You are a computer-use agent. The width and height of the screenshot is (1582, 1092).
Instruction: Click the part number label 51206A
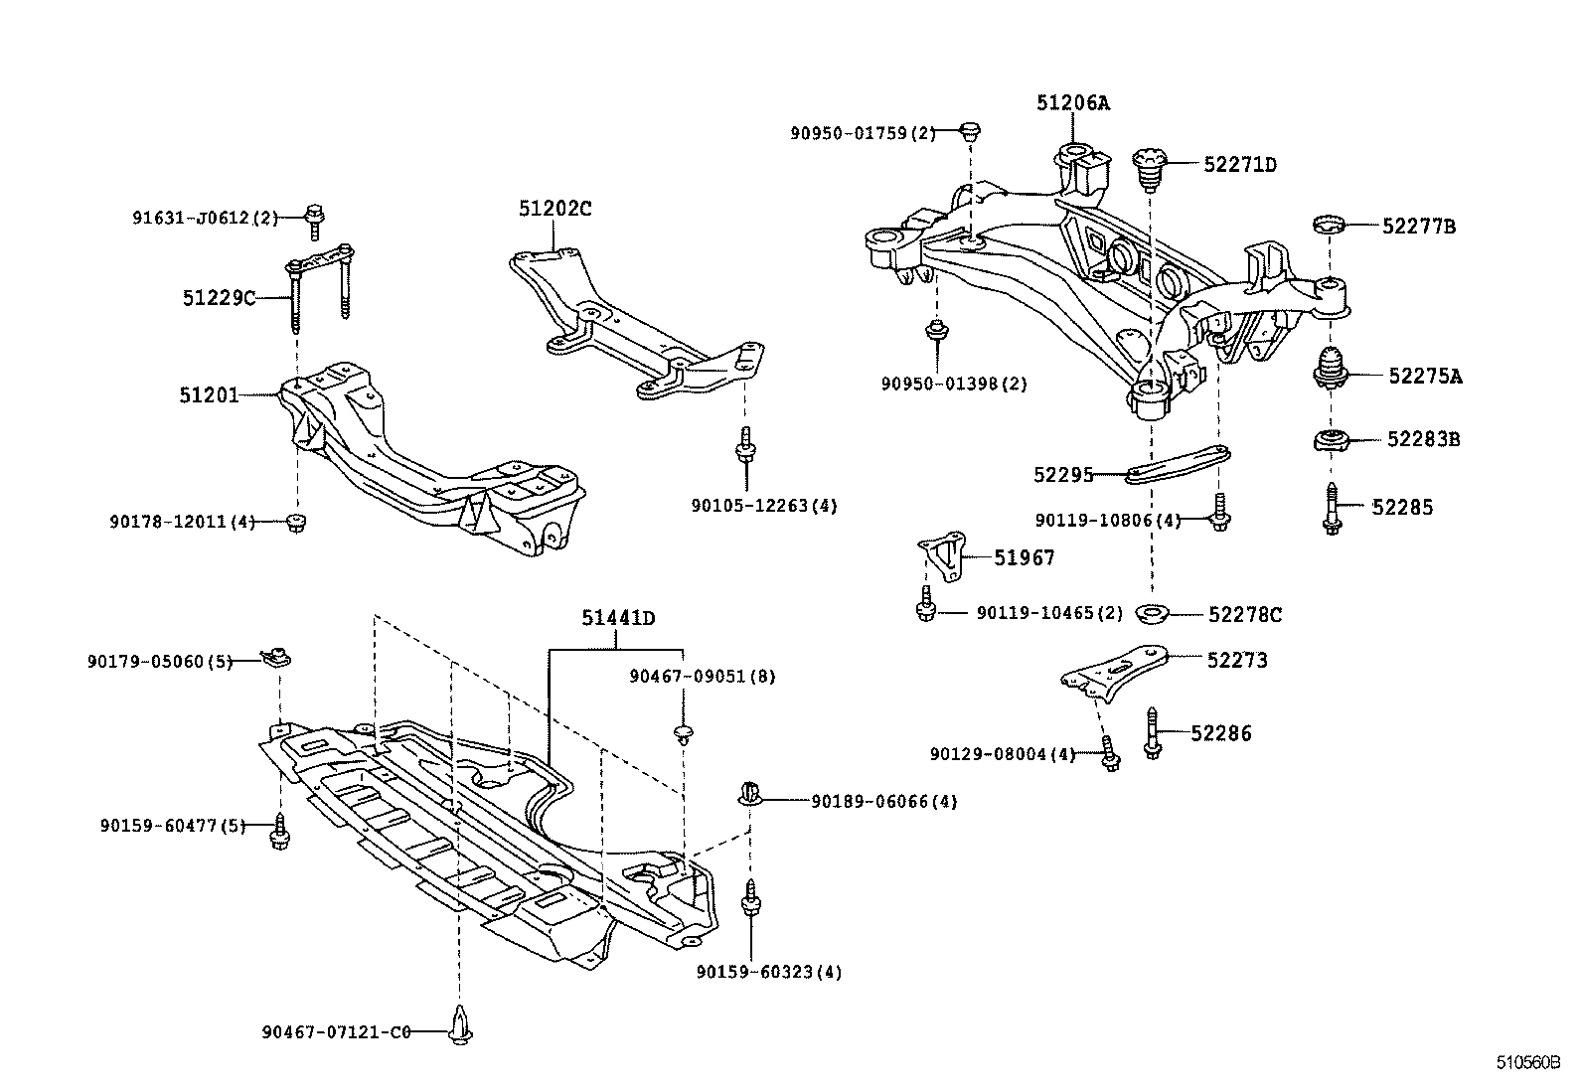tap(1072, 102)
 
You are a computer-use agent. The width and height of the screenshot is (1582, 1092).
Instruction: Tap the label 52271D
tap(1239, 165)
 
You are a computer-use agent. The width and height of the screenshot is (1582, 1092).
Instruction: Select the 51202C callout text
tap(554, 209)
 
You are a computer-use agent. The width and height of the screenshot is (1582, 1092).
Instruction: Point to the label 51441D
tap(618, 618)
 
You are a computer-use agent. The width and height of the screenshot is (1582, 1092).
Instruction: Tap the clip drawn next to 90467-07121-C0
tap(459, 1024)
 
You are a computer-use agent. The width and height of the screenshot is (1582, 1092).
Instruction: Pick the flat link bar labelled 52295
tap(1179, 465)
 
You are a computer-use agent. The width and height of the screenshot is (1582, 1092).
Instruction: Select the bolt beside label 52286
tap(1153, 734)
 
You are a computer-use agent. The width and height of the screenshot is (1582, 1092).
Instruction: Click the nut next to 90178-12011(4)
tap(294, 522)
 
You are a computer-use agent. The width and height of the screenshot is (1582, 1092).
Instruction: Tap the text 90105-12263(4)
tap(764, 506)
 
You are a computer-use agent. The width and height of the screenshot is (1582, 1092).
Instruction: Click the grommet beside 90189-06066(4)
tap(750, 794)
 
